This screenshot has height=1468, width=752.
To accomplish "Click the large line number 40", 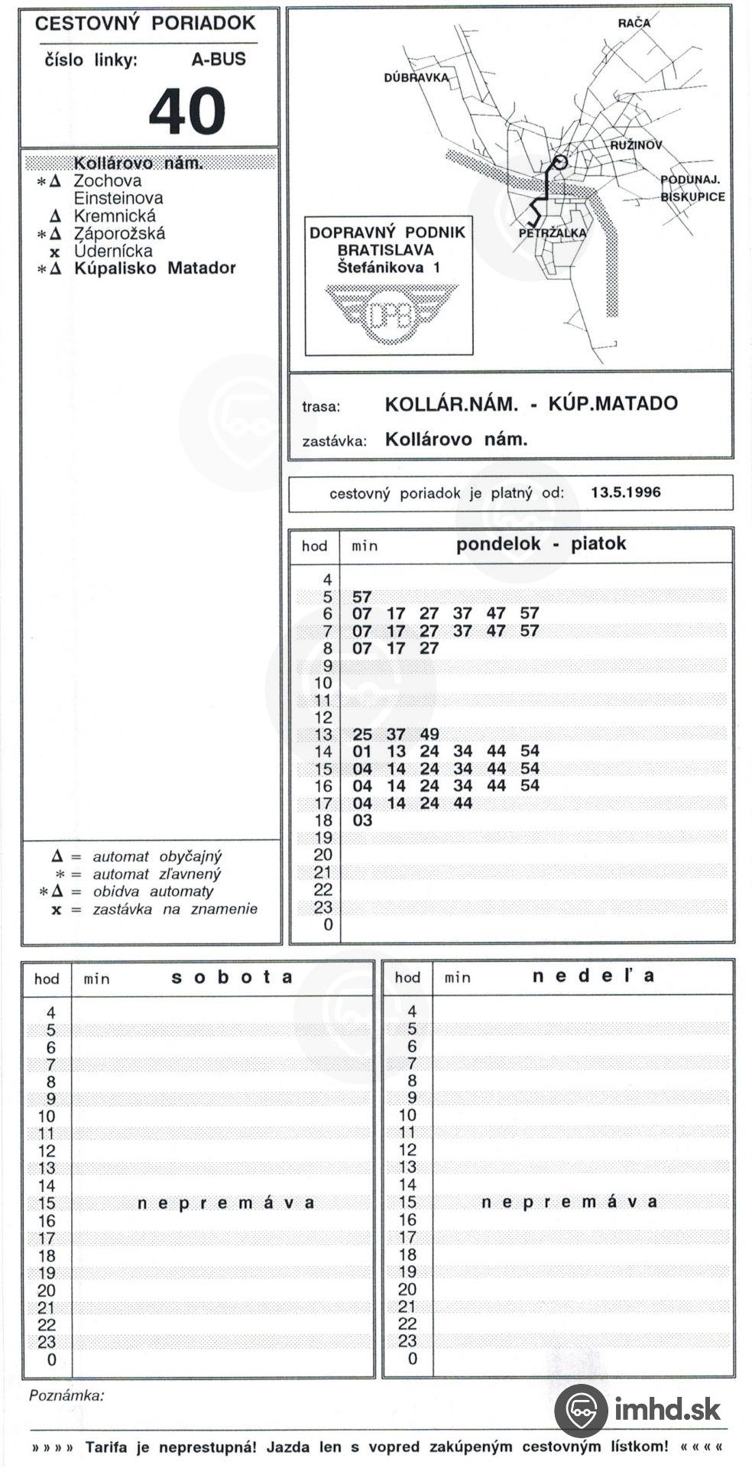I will [186, 111].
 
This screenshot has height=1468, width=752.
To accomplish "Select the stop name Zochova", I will [107, 181].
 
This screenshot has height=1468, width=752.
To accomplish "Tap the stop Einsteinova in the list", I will [118, 198].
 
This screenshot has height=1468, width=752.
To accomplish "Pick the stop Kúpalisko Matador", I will [154, 268].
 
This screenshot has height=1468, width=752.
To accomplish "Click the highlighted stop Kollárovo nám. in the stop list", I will [138, 163].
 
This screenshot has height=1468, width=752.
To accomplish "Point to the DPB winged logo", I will [391, 313].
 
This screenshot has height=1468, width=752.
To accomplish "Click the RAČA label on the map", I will [634, 23].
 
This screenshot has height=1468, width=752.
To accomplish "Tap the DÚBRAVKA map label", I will [416, 78].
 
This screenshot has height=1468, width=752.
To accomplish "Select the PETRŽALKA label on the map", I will [552, 233].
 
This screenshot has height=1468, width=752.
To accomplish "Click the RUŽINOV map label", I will [636, 145].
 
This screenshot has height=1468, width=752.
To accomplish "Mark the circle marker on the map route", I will [559, 161].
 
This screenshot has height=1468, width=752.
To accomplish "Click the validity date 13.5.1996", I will [625, 492].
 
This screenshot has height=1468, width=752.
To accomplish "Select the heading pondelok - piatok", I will [540, 544].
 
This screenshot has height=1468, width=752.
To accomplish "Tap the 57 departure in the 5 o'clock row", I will [361, 596].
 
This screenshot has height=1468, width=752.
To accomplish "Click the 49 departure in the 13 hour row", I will [429, 734].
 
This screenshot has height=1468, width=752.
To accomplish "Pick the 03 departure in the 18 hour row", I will [362, 820].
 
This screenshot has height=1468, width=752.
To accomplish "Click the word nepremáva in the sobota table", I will [225, 1203].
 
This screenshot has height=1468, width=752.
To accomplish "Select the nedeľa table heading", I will [593, 976].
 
